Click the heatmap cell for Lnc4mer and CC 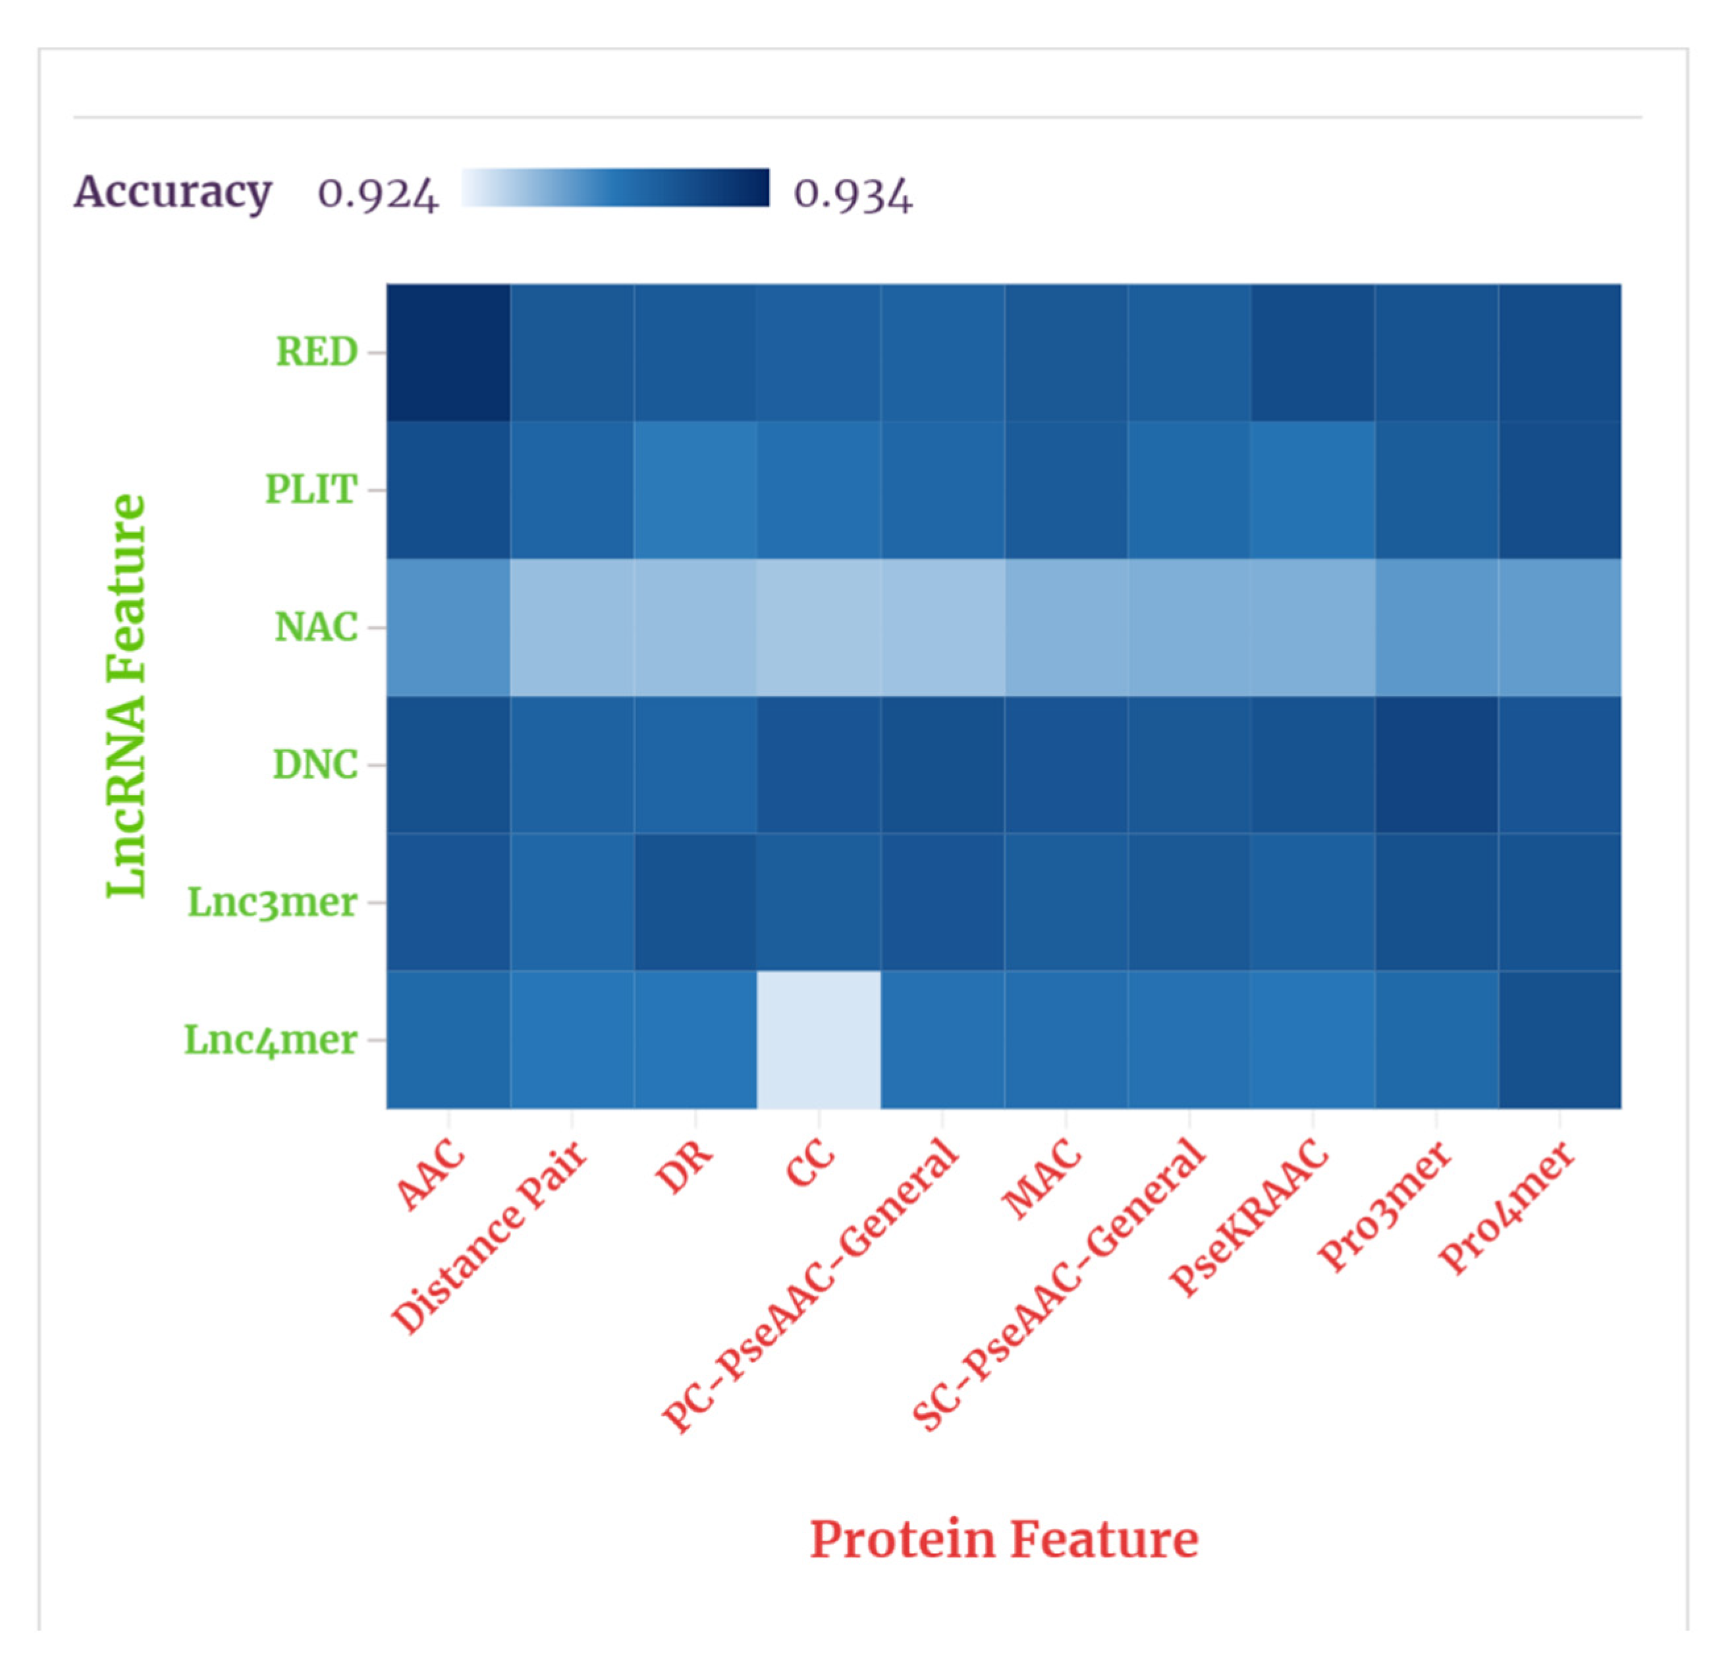pos(819,1039)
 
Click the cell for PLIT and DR pos(695,490)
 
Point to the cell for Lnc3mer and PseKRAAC pos(1313,902)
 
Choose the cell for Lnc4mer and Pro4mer pos(1559,1039)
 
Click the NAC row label pos(315,628)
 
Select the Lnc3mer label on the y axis pos(272,902)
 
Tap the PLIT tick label pos(311,490)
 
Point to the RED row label pos(316,352)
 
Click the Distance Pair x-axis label pos(491,1237)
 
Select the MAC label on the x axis pos(1042,1180)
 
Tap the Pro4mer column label pos(1507,1206)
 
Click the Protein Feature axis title pos(1004,1539)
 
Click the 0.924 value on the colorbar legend pos(377,193)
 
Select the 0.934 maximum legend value pos(852,193)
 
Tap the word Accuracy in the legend pos(173,191)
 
